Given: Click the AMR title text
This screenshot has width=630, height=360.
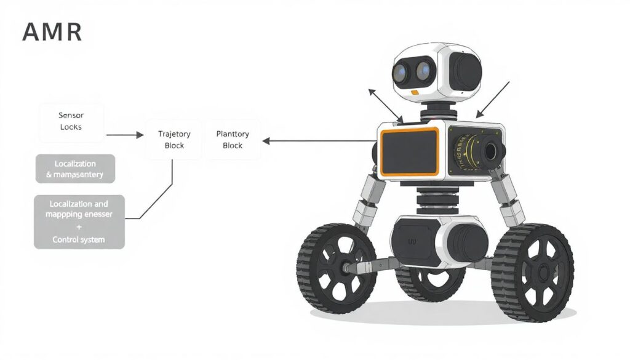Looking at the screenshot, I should coord(52,32).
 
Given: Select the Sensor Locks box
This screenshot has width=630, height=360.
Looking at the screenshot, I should coord(71,121).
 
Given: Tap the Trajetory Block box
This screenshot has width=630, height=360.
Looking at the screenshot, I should coord(174,140).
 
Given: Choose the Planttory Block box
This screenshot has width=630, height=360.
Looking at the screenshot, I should coord(233,140).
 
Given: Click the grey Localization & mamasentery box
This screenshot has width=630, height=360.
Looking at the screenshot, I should coord(74,169).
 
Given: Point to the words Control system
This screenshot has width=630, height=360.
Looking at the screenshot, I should coord(79,239).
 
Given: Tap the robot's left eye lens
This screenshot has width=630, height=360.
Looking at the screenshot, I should coord(402,73).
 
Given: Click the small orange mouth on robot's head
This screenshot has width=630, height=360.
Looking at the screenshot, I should coord(415,92).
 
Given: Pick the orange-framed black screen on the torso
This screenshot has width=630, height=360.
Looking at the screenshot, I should coord(410,151).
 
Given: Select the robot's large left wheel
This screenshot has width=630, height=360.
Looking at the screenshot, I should coord(337,268).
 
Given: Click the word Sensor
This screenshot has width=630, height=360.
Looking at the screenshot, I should coord(71,115).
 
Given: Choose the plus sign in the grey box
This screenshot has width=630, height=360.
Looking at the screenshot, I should coord(79,227).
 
